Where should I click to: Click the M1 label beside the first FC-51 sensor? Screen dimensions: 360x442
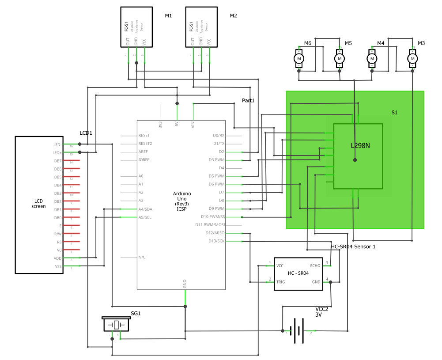(168, 16)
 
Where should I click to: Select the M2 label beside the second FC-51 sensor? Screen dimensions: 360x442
(233, 16)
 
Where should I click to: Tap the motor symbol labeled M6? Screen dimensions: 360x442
(299, 58)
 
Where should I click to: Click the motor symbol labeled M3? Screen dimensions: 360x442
(412, 58)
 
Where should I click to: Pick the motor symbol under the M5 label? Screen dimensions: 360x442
(340, 58)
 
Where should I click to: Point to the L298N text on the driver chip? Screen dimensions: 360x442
(360, 145)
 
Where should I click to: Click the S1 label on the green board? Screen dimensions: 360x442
(395, 113)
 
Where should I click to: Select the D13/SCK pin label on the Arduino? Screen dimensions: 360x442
(216, 241)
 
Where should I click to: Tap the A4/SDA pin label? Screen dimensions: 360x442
(145, 209)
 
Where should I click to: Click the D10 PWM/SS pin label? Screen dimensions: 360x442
(213, 217)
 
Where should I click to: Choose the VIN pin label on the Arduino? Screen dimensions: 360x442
(193, 124)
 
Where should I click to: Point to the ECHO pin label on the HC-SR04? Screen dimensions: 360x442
(315, 265)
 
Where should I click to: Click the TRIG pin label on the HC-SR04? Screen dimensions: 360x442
(280, 282)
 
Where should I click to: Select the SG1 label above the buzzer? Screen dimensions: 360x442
(136, 313)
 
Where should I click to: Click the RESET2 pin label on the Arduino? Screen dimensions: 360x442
(145, 144)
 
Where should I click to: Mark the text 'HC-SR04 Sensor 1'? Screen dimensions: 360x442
(353, 246)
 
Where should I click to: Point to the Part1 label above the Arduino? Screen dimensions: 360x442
(248, 101)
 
